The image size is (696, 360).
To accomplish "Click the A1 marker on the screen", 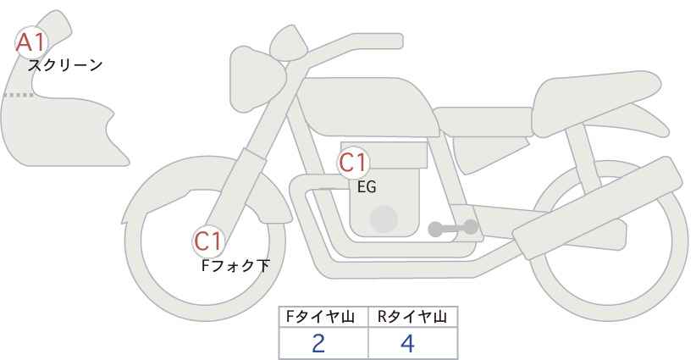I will click(x=31, y=42).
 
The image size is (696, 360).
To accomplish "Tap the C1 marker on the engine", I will click(x=353, y=163).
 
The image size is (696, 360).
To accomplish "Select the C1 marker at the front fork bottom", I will click(x=207, y=242).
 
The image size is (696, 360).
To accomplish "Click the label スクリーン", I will click(x=65, y=65).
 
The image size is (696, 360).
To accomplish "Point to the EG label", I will click(x=367, y=187).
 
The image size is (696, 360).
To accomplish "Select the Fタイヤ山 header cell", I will click(x=323, y=317).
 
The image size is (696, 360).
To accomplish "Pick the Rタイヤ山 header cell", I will click(x=412, y=317).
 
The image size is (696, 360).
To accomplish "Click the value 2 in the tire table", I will click(x=318, y=344).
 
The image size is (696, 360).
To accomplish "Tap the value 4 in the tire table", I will click(x=407, y=344).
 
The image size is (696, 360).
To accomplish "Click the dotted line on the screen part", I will click(x=18, y=95).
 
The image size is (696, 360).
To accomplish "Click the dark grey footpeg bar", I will click(x=453, y=228).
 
